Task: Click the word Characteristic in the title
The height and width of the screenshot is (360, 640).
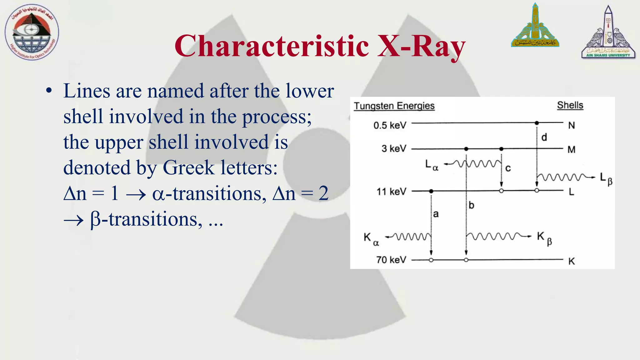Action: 272,46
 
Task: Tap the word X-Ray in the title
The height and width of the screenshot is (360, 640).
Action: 421,46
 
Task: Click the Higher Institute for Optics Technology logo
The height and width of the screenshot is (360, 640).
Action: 32,32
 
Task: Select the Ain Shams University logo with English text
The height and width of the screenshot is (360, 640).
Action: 608,32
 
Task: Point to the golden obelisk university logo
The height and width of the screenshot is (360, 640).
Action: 535,26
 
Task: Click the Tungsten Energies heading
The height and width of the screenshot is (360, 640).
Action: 394,106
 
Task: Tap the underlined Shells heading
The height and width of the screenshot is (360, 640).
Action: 570,105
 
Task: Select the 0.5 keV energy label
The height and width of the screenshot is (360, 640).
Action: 390,125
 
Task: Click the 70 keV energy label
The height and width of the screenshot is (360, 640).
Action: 391,260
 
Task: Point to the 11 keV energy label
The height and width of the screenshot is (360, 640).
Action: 391,191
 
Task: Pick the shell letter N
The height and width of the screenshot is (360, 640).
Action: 571,125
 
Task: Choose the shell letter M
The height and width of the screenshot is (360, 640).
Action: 571,150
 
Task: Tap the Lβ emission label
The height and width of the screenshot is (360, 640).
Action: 606,179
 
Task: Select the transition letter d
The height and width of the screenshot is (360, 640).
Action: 544,137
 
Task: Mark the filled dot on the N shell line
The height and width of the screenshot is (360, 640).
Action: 537,123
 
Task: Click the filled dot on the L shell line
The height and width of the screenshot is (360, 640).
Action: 431,191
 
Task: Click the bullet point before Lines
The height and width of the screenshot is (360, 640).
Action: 49,91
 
